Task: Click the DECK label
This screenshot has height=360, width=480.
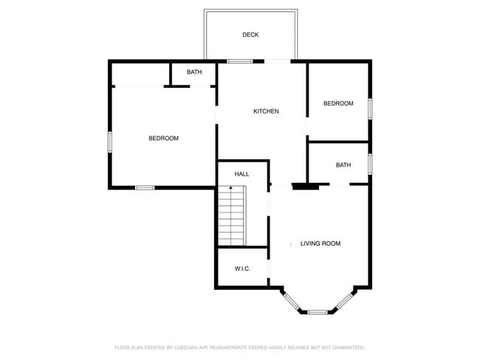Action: [250, 35]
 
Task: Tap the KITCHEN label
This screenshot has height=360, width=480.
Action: [266, 111]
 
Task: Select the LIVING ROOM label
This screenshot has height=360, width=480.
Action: [320, 243]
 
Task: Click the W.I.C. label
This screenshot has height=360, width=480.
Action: [242, 269]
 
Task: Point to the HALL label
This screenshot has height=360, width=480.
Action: [241, 174]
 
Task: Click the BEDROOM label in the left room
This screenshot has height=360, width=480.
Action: [163, 139]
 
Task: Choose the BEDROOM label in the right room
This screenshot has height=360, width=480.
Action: [338, 104]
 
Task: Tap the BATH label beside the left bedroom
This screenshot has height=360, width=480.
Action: [194, 72]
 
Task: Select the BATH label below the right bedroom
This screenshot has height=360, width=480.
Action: [343, 165]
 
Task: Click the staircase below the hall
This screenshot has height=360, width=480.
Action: [231, 217]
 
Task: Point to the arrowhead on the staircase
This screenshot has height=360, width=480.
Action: [231, 188]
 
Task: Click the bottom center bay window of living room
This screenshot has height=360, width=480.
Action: [318, 312]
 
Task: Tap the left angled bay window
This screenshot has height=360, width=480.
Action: [291, 301]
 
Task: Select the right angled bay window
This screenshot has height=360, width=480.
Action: [345, 301]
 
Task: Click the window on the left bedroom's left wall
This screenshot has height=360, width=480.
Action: [110, 140]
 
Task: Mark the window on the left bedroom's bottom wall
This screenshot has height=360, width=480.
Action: [145, 187]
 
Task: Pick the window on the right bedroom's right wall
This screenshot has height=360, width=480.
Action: [370, 107]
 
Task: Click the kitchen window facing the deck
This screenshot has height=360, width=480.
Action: [239, 61]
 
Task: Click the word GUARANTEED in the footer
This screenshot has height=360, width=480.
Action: [347, 347]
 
